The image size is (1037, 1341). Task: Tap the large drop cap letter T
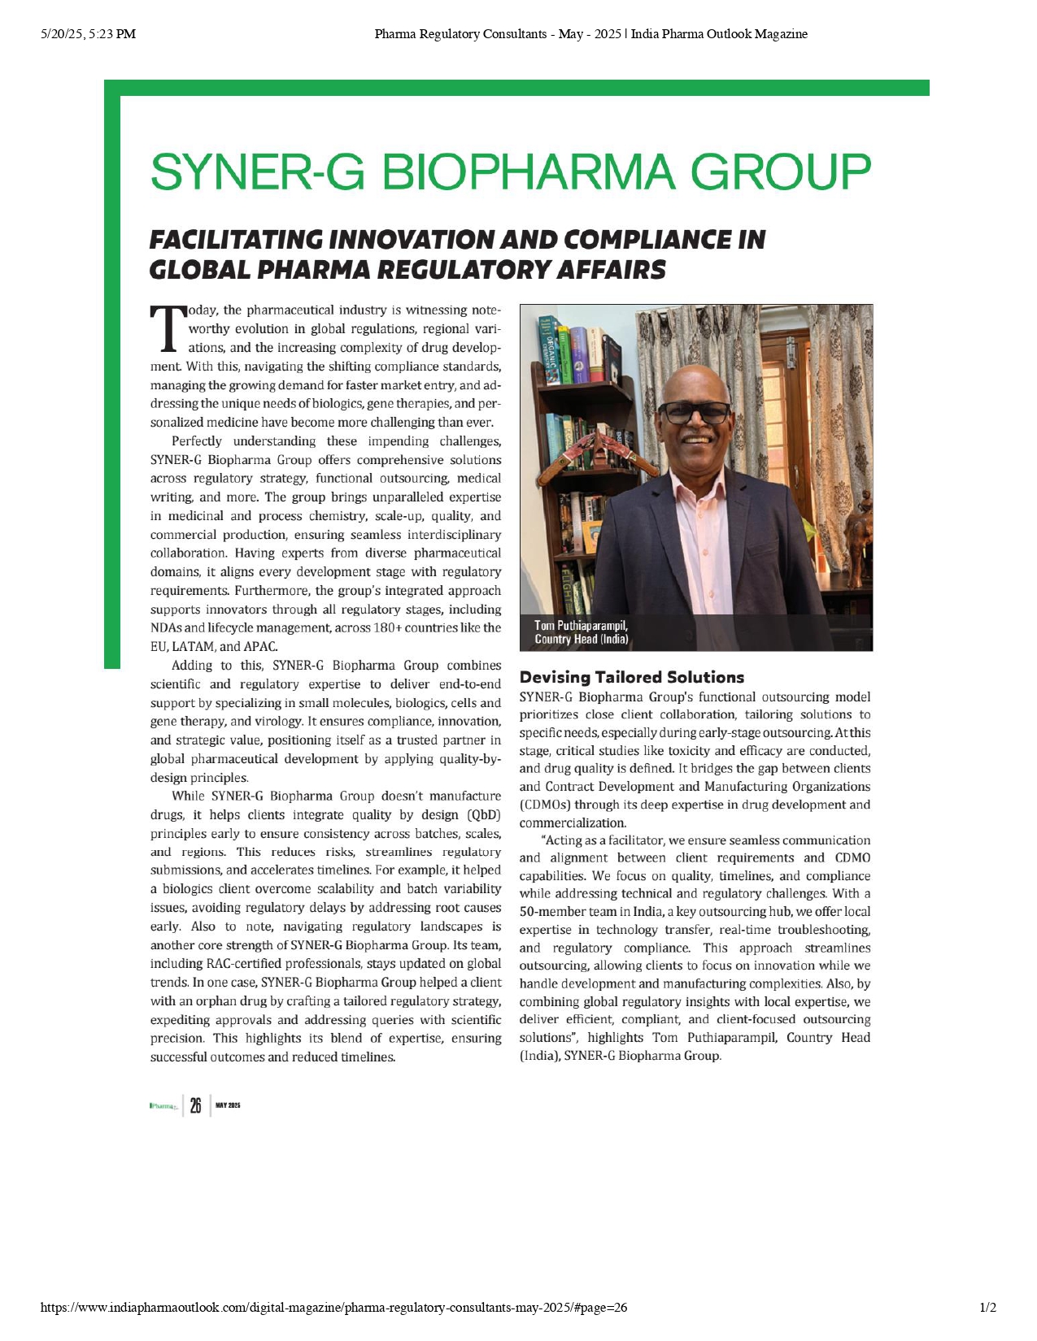tap(168, 328)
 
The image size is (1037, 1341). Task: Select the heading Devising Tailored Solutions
tap(632, 677)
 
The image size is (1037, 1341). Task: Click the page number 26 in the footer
tap(195, 1105)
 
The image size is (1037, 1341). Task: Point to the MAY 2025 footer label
tap(228, 1105)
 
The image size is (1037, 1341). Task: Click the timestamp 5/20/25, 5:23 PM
tap(88, 34)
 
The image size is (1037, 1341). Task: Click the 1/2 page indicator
tap(988, 1308)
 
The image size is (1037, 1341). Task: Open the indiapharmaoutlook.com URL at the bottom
tap(333, 1308)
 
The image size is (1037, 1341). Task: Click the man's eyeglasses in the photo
tap(694, 412)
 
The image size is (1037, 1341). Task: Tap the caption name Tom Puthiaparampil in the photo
tap(581, 625)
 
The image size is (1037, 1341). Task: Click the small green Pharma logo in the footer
tap(163, 1106)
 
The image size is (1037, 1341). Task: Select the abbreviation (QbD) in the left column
tap(483, 815)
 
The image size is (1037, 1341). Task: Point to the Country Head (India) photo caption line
tap(582, 639)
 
